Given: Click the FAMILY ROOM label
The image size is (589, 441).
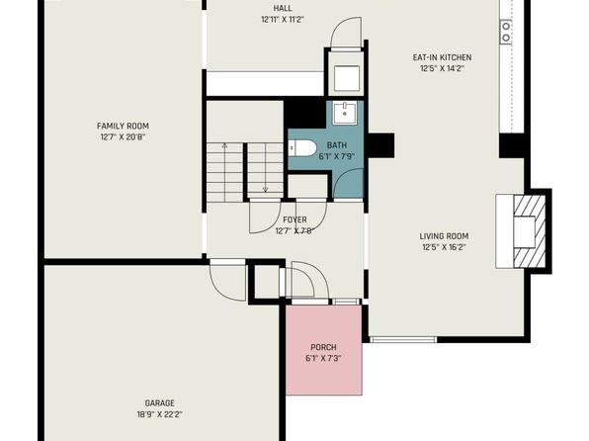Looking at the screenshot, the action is (123, 126).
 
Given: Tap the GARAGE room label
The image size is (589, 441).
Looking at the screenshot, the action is (160, 403).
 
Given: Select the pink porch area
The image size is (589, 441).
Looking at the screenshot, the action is (324, 350).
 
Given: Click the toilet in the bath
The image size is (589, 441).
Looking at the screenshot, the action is (302, 148).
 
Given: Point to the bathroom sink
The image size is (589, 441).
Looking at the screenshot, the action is (344, 113).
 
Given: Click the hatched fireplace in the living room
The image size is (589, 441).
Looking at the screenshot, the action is (530, 230).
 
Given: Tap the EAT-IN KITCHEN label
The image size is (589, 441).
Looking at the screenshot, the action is (442, 57).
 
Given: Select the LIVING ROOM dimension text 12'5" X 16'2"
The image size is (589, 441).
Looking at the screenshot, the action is (445, 247).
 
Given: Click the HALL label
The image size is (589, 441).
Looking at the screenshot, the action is (283, 8).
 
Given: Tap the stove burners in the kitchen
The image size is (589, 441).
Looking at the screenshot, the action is (506, 32).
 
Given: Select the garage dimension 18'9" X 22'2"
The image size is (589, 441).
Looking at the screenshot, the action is (160, 414).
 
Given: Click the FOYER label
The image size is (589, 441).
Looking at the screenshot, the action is (294, 220).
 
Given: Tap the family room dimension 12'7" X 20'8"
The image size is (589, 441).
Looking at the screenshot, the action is (123, 137).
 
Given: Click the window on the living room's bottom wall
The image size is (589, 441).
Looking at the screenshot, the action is (403, 340).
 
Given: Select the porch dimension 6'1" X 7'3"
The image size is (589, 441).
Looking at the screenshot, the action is (323, 358).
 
